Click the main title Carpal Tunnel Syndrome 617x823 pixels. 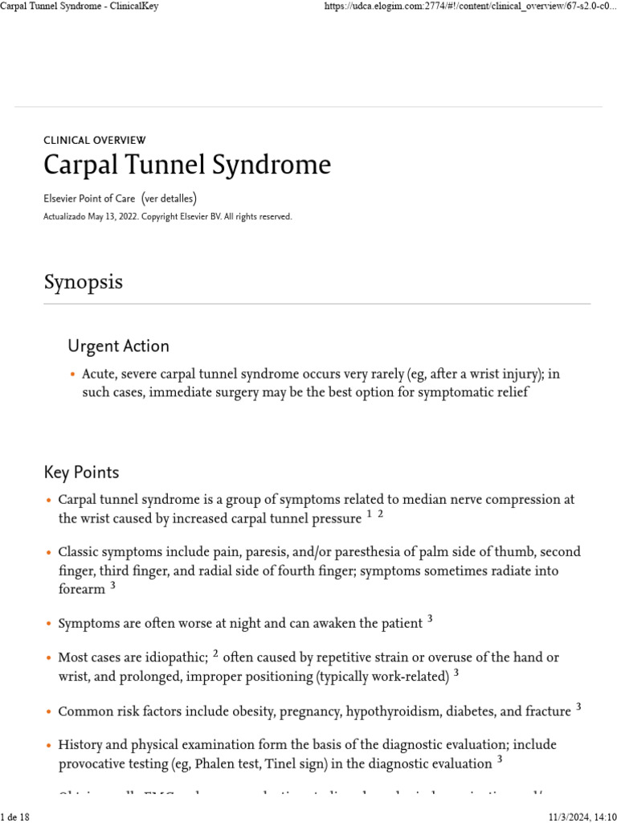click(x=186, y=165)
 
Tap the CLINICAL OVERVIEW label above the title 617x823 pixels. click(x=95, y=140)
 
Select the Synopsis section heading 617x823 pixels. click(x=84, y=282)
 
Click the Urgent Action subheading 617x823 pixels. click(x=118, y=346)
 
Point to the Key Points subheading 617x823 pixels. click(x=81, y=472)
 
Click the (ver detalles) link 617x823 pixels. click(x=169, y=199)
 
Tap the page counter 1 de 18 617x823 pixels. click(x=15, y=817)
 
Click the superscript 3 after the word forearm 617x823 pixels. click(x=113, y=586)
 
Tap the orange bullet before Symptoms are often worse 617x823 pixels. click(x=48, y=624)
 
